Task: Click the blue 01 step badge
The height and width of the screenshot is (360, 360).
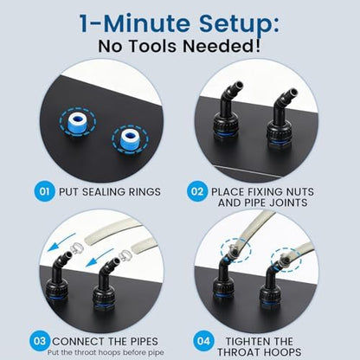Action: pos(44,191)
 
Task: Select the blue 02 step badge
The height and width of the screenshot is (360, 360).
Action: pos(197,191)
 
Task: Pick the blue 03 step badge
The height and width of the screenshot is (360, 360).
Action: pos(40,341)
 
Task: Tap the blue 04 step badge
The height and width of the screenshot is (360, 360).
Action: pos(203,341)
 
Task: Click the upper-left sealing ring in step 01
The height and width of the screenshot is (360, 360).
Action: pos(77,122)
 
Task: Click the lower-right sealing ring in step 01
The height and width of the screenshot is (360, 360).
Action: pos(130,139)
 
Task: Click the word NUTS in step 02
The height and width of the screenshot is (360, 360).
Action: pos(299,192)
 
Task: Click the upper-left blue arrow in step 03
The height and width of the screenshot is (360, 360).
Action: pos(61,241)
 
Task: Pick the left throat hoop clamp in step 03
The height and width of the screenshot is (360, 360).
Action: pos(76,248)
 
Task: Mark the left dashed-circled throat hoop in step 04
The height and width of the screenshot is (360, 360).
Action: pos(233,250)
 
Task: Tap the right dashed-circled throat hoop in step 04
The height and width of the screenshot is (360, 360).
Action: pos(282,259)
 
